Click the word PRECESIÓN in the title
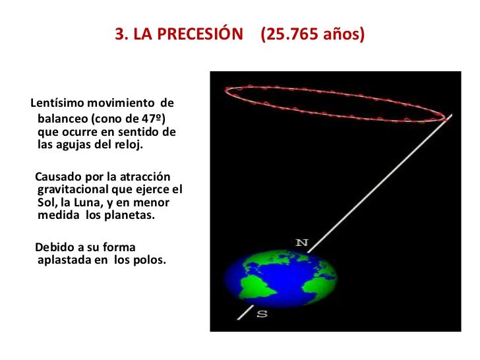201,34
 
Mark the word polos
150,260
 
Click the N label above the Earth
301,242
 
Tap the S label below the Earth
261,314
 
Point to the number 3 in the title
119,34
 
